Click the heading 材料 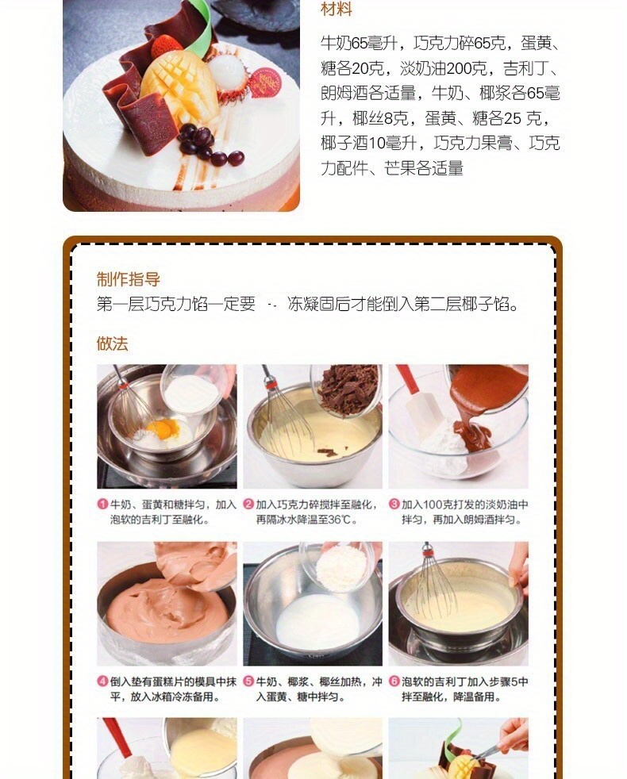point(337,10)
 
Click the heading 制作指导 point(129,279)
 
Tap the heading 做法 point(113,343)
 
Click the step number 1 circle point(102,505)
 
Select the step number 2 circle point(248,505)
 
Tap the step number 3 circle point(394,505)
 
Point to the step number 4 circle point(102,681)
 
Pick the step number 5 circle point(248,681)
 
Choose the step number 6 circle point(394,681)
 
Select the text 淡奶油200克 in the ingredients point(444,68)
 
